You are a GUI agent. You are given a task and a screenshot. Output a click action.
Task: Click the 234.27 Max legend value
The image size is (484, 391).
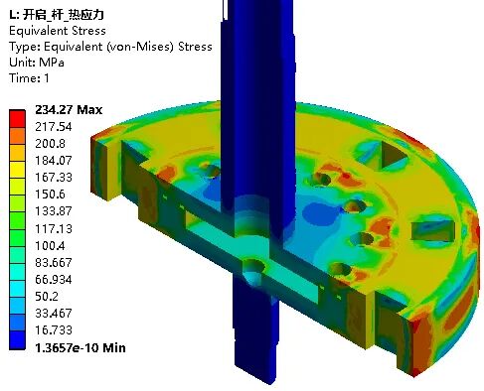pos(69,110)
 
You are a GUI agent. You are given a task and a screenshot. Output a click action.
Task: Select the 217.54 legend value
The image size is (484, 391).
pos(54,127)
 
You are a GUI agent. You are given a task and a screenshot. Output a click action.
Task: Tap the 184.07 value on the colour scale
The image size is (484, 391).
pos(54,161)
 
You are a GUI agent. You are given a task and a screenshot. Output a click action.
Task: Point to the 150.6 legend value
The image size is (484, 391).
pos(50,195)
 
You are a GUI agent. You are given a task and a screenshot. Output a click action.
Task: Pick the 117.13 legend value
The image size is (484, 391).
pos(54,228)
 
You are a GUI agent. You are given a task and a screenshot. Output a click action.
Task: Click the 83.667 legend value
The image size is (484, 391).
pos(54,262)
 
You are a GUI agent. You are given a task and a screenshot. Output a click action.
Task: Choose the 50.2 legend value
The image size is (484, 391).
pos(47,296)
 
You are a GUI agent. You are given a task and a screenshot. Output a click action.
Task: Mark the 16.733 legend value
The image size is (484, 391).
pos(54,329)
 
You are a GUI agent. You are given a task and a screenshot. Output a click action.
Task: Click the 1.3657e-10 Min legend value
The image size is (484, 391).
pos(81,347)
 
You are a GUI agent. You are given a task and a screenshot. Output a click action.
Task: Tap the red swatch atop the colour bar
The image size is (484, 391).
pos(17,118)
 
